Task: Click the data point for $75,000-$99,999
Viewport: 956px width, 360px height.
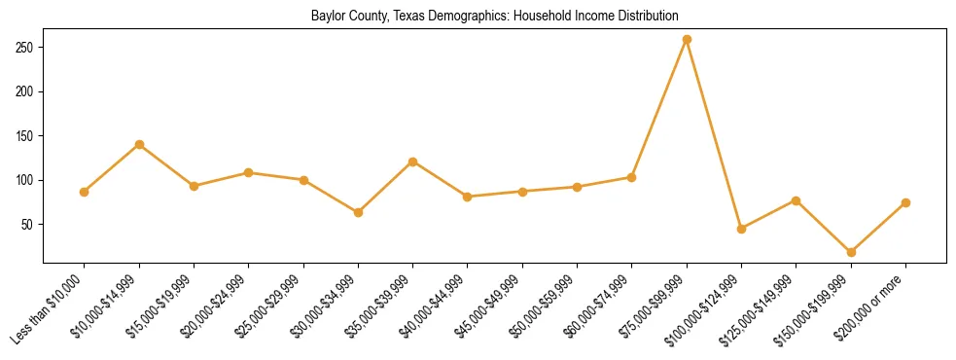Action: [x=687, y=40]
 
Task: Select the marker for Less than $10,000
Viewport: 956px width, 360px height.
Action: [x=85, y=192]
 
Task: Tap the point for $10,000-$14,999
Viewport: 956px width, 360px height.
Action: [x=139, y=145]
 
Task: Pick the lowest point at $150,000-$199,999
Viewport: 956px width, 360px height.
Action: [x=851, y=252]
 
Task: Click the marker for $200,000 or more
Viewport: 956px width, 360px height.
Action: [x=905, y=202]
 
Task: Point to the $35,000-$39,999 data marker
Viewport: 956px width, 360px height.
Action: [x=413, y=162]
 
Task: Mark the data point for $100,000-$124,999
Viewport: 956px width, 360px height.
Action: [x=741, y=229]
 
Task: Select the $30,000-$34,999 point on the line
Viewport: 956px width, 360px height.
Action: [x=358, y=212]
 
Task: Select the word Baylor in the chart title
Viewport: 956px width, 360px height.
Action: [x=328, y=17]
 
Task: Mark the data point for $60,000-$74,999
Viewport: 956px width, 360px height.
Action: [x=631, y=177]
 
